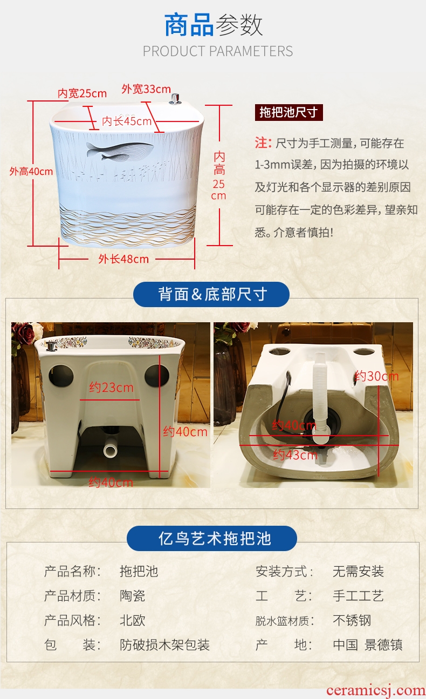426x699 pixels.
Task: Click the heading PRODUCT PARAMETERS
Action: (218, 51)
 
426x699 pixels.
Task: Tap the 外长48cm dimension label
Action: (123, 259)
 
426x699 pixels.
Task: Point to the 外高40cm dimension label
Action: (31, 171)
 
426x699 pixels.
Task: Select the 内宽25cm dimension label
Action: (83, 93)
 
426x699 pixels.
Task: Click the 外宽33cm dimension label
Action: (146, 89)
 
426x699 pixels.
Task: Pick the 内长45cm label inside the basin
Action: (127, 121)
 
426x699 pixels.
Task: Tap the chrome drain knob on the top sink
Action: (175, 99)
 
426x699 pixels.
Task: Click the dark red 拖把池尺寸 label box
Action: (289, 112)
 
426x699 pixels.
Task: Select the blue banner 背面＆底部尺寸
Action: (211, 294)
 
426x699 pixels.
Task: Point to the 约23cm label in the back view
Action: (111, 388)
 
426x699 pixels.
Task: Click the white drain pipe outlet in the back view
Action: (110, 450)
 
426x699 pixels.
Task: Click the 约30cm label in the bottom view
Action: (377, 376)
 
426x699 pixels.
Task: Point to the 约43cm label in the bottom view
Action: (295, 455)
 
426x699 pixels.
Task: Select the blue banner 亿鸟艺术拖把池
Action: (212, 538)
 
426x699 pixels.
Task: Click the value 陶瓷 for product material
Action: (133, 596)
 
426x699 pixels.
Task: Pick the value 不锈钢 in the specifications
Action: (352, 620)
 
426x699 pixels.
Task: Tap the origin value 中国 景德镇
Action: (368, 644)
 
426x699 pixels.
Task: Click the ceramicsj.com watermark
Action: (376, 690)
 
